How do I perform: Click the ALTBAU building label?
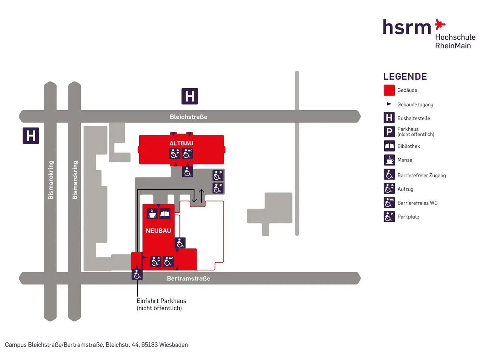point(181,143)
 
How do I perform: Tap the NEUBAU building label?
point(158,231)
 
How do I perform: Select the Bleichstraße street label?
point(188,117)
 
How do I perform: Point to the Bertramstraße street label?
point(188,278)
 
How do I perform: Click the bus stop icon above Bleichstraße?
point(189,96)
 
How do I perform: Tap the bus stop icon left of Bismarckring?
point(31,135)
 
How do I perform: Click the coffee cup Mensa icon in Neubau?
point(152,214)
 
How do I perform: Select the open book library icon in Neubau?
point(165,214)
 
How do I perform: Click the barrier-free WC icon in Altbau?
point(188,154)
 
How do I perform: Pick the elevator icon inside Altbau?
point(175,154)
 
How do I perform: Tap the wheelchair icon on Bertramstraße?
point(137,274)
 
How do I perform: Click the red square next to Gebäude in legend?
point(389,90)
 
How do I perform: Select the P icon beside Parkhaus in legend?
point(389,132)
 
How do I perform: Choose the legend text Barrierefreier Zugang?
point(421,175)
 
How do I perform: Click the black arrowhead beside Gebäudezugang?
point(389,104)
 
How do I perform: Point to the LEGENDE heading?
point(405,77)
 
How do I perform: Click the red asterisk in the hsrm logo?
point(440,25)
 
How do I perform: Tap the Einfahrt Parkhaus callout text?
point(161,304)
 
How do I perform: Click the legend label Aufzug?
point(405,189)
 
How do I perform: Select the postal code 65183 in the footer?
point(149,345)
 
